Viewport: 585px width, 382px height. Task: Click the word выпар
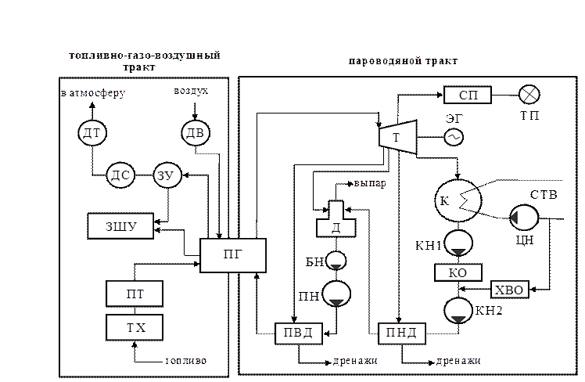(x=370, y=184)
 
